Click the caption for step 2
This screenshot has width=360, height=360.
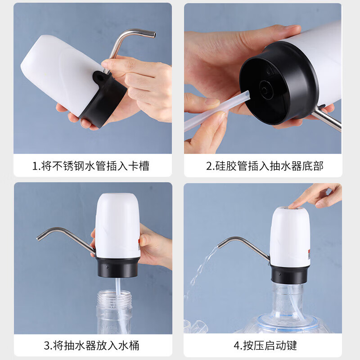[265, 166]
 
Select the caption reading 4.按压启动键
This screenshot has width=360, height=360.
[265, 346]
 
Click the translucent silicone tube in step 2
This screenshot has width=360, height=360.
[211, 112]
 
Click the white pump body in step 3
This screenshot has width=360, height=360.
[117, 225]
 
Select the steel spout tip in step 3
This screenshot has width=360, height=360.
[40, 237]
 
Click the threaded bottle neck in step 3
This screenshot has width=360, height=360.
[114, 297]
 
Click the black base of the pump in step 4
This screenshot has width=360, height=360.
[290, 274]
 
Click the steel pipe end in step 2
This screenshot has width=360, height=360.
[331, 120]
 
